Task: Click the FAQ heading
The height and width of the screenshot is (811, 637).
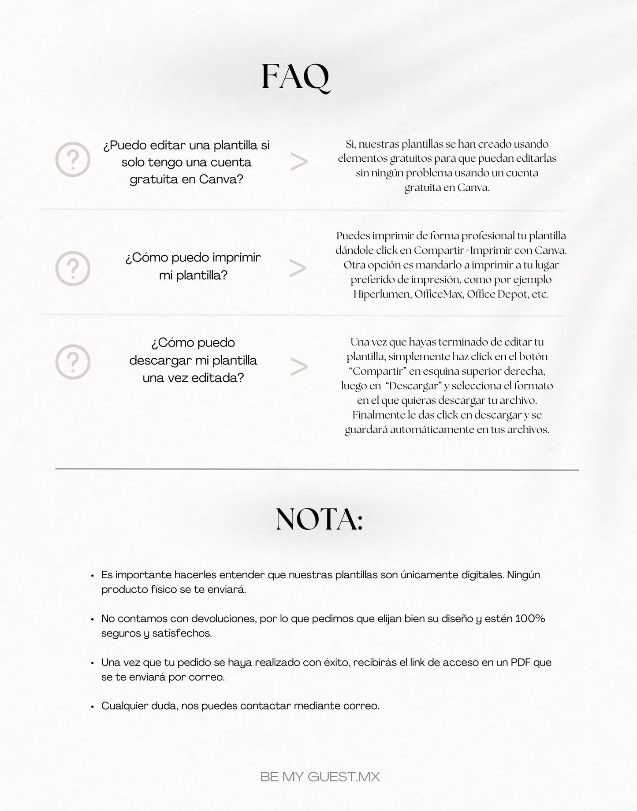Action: click(295, 78)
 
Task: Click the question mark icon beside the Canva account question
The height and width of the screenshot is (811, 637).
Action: click(73, 160)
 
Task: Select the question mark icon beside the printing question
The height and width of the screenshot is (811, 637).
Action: click(73, 268)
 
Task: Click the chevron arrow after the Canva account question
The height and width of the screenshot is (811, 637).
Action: click(299, 162)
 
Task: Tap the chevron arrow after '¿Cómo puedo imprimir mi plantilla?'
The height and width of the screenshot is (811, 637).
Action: click(298, 268)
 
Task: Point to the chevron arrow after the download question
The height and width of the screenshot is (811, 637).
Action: click(299, 367)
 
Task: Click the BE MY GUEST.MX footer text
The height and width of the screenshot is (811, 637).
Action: click(320, 777)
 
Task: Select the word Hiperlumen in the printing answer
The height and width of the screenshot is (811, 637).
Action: click(382, 294)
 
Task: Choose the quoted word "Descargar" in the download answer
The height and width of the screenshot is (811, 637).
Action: click(413, 386)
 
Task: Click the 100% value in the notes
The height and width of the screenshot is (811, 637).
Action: click(530, 618)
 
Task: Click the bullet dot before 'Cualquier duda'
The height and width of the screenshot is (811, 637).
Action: click(92, 707)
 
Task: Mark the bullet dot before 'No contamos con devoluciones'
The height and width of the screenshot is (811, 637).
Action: click(92, 619)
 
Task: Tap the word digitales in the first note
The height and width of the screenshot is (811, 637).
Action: click(480, 575)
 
